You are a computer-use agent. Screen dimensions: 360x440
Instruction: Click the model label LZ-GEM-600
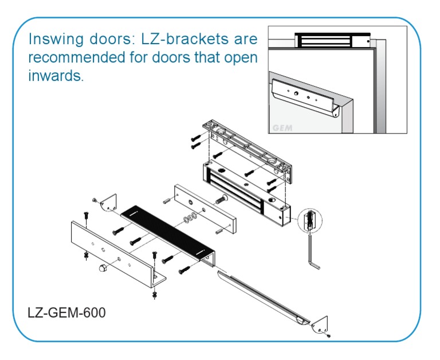tap(66, 314)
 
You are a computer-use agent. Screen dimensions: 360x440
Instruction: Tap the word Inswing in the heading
tap(53, 40)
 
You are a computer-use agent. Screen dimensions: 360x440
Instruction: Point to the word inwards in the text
tap(56, 76)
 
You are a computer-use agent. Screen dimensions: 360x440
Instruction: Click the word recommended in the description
tap(74, 58)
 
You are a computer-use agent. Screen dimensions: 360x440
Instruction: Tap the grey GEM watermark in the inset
tap(281, 127)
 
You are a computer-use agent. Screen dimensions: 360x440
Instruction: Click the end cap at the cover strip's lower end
tap(320, 326)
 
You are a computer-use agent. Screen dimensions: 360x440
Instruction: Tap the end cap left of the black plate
tap(108, 203)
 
